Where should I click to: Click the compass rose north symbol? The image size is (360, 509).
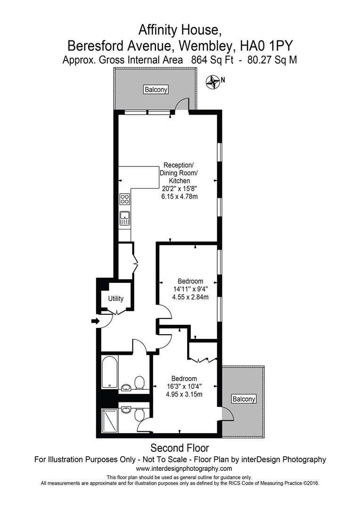pyautogui.click(x=214, y=82)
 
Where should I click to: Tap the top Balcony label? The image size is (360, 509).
pyautogui.click(x=156, y=90)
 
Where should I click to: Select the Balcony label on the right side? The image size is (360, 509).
pyautogui.click(x=244, y=399)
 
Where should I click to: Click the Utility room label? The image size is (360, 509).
pyautogui.click(x=115, y=299)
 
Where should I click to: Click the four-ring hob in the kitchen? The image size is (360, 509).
pyautogui.click(x=124, y=199)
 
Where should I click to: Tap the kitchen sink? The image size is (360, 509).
pyautogui.click(x=124, y=218)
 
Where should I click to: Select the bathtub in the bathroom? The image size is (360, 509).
pyautogui.click(x=110, y=372)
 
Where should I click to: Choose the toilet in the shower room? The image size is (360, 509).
pyautogui.click(x=139, y=415)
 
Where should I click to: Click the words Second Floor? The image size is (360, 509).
pyautogui.click(x=180, y=448)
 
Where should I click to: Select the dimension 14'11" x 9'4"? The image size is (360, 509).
pyautogui.click(x=190, y=289)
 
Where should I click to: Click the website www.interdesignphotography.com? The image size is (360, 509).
pyautogui.click(x=184, y=468)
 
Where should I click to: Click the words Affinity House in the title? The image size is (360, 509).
pyautogui.click(x=180, y=30)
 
